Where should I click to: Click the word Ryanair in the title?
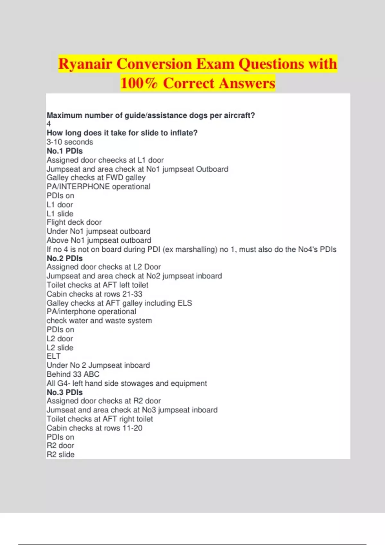(85, 64)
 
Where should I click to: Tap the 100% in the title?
(139, 83)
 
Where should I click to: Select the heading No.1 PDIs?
(64, 151)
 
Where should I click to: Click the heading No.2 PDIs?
(64, 258)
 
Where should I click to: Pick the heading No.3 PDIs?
(64, 392)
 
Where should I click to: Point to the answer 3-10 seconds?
(70, 142)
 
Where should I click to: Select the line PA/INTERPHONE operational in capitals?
(98, 187)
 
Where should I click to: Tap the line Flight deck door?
(74, 222)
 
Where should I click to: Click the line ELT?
(54, 356)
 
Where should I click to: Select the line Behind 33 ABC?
(73, 374)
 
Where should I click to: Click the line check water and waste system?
(99, 321)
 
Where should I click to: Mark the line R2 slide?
(60, 455)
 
